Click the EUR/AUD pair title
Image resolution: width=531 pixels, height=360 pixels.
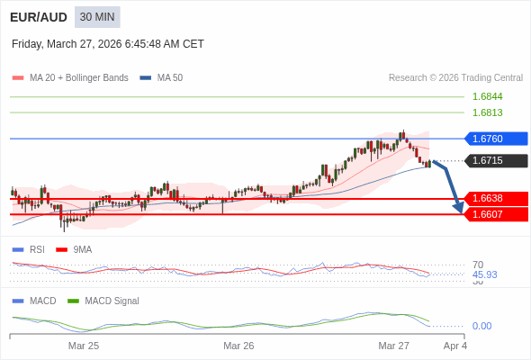[x=37, y=17]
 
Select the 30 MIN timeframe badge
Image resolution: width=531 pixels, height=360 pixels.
[x=97, y=17]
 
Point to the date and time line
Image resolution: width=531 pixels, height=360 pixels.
[x=108, y=44]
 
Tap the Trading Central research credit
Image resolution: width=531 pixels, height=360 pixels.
[x=455, y=78]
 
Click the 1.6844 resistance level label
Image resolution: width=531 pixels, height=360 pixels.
[x=487, y=96]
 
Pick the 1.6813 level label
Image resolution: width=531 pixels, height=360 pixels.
[x=487, y=112]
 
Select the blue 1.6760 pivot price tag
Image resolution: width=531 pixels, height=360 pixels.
[x=495, y=139]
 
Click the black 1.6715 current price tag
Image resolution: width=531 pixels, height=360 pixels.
[x=495, y=160]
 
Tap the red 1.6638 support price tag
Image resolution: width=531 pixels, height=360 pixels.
[x=495, y=198]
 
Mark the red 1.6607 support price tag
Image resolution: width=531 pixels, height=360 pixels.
[x=495, y=214]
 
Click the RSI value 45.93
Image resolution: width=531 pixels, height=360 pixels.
[x=484, y=274]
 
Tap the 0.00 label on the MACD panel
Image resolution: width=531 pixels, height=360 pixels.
[x=481, y=326]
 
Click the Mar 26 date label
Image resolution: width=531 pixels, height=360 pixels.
[x=238, y=346]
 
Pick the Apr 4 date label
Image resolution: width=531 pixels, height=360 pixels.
[x=455, y=346]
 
